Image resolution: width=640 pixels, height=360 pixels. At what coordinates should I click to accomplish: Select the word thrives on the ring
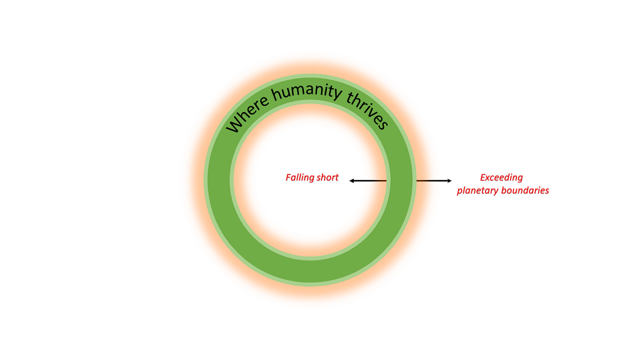pyautogui.click(x=367, y=110)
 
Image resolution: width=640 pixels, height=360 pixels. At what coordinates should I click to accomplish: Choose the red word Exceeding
pyautogui.click(x=502, y=178)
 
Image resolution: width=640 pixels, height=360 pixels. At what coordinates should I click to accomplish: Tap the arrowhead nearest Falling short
pyautogui.click(x=351, y=181)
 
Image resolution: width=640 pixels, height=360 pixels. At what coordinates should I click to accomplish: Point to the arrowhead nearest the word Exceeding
pyautogui.click(x=449, y=181)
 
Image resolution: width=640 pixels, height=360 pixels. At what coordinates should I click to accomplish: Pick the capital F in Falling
pyautogui.click(x=288, y=178)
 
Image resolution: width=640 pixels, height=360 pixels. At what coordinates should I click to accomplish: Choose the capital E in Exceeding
pyautogui.click(x=483, y=178)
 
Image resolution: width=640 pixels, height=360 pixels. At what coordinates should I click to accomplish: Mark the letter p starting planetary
pyautogui.click(x=460, y=192)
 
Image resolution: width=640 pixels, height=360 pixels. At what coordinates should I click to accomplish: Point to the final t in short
pyautogui.click(x=337, y=178)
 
